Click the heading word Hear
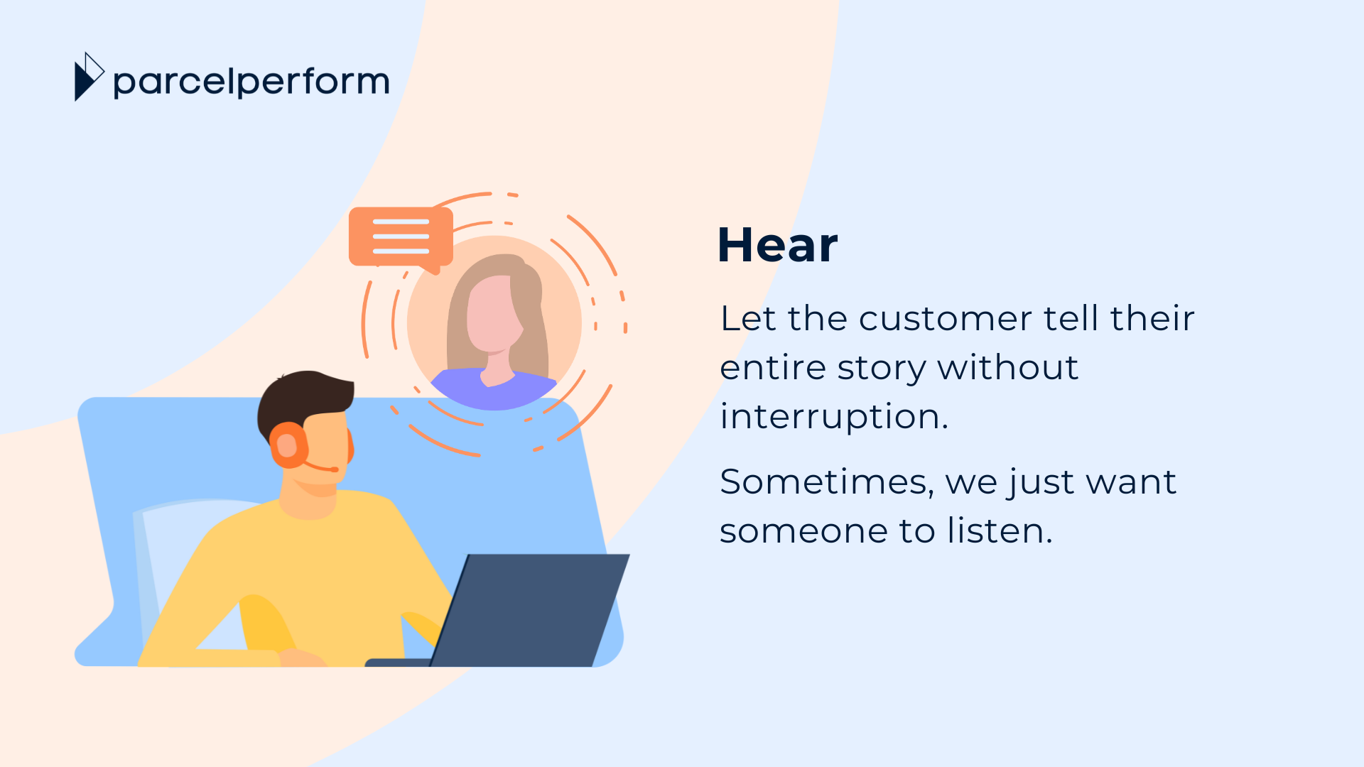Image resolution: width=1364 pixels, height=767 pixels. point(778,245)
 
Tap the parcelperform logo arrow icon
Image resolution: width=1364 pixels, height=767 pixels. point(89,77)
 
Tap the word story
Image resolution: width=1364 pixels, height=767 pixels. point(882,368)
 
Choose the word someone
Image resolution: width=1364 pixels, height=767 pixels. point(803,531)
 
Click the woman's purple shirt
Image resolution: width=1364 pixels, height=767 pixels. point(494,388)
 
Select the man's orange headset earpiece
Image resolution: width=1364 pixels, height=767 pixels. point(288,446)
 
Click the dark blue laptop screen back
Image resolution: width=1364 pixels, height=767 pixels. point(530,610)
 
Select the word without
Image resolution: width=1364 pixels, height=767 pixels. point(1007,368)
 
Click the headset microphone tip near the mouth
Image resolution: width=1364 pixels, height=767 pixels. point(334,469)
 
